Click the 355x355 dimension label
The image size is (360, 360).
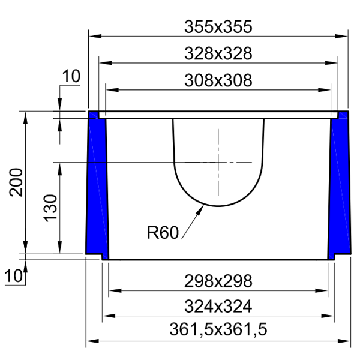point(218,26)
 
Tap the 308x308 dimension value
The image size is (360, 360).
point(218,80)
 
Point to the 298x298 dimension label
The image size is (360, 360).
point(218,281)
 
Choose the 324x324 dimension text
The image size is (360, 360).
point(218,306)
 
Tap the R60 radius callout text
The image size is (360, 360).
point(163,232)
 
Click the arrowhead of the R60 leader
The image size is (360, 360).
point(201,207)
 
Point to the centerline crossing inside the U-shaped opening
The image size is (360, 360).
point(218,162)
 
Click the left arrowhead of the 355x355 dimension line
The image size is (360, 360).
point(94,37)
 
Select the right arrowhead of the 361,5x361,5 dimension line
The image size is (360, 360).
point(346,341)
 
